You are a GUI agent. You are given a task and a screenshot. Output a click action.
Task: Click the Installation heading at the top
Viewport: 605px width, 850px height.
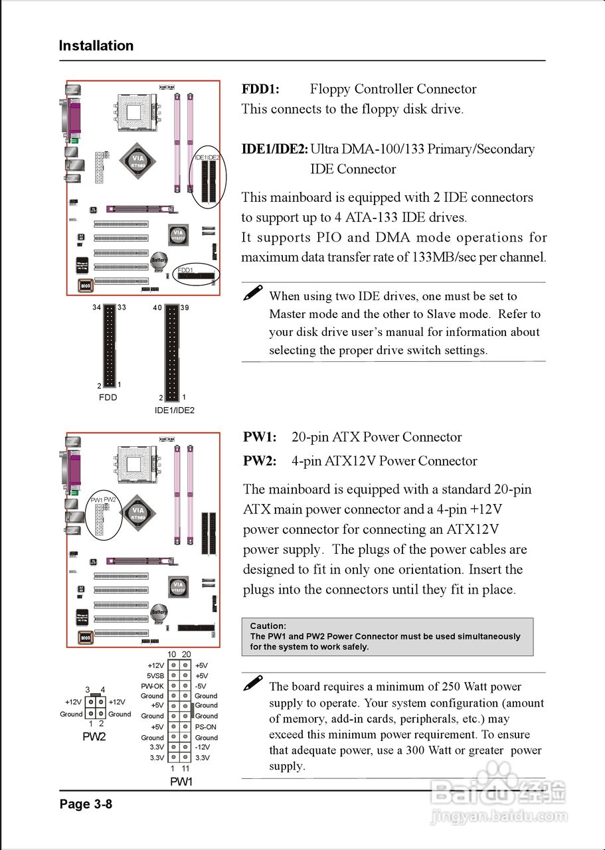(x=96, y=46)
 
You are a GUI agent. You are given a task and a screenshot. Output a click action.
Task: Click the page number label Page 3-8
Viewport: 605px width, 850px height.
(x=86, y=804)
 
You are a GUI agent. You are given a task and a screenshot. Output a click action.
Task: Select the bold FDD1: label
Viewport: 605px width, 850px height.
(x=260, y=89)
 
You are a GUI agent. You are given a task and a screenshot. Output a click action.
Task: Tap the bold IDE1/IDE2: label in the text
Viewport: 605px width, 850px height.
(x=274, y=149)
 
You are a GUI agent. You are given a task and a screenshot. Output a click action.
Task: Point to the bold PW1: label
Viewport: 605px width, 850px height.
(x=260, y=437)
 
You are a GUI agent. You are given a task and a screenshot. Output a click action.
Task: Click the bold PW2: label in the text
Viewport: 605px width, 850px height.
(x=260, y=461)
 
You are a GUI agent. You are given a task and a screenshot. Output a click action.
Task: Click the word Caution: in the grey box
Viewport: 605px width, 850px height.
(x=268, y=626)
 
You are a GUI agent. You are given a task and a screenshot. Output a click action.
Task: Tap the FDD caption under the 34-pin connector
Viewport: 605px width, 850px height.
(x=108, y=397)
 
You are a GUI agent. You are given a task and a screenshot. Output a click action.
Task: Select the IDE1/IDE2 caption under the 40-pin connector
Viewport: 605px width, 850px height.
(x=174, y=410)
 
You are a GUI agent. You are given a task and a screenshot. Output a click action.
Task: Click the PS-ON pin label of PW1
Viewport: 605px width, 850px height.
(x=205, y=726)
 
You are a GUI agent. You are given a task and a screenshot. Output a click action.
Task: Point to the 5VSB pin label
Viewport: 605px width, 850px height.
(x=155, y=675)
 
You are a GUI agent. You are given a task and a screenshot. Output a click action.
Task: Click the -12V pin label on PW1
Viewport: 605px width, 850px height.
(x=203, y=747)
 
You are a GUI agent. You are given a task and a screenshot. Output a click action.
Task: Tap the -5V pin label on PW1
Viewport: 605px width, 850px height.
(x=201, y=686)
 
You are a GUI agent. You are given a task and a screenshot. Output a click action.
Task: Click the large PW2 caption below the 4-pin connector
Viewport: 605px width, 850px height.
(x=94, y=736)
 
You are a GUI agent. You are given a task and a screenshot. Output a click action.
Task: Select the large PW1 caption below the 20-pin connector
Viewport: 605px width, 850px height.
(x=181, y=782)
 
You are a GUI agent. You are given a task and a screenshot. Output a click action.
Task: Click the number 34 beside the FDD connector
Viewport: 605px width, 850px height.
(x=98, y=307)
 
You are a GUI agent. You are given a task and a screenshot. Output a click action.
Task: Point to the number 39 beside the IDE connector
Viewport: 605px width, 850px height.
(x=185, y=307)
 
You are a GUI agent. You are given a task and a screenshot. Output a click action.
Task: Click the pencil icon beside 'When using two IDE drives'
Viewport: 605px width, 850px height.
(x=253, y=294)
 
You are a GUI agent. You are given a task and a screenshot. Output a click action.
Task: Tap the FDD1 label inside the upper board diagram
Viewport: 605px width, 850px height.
(x=185, y=270)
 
